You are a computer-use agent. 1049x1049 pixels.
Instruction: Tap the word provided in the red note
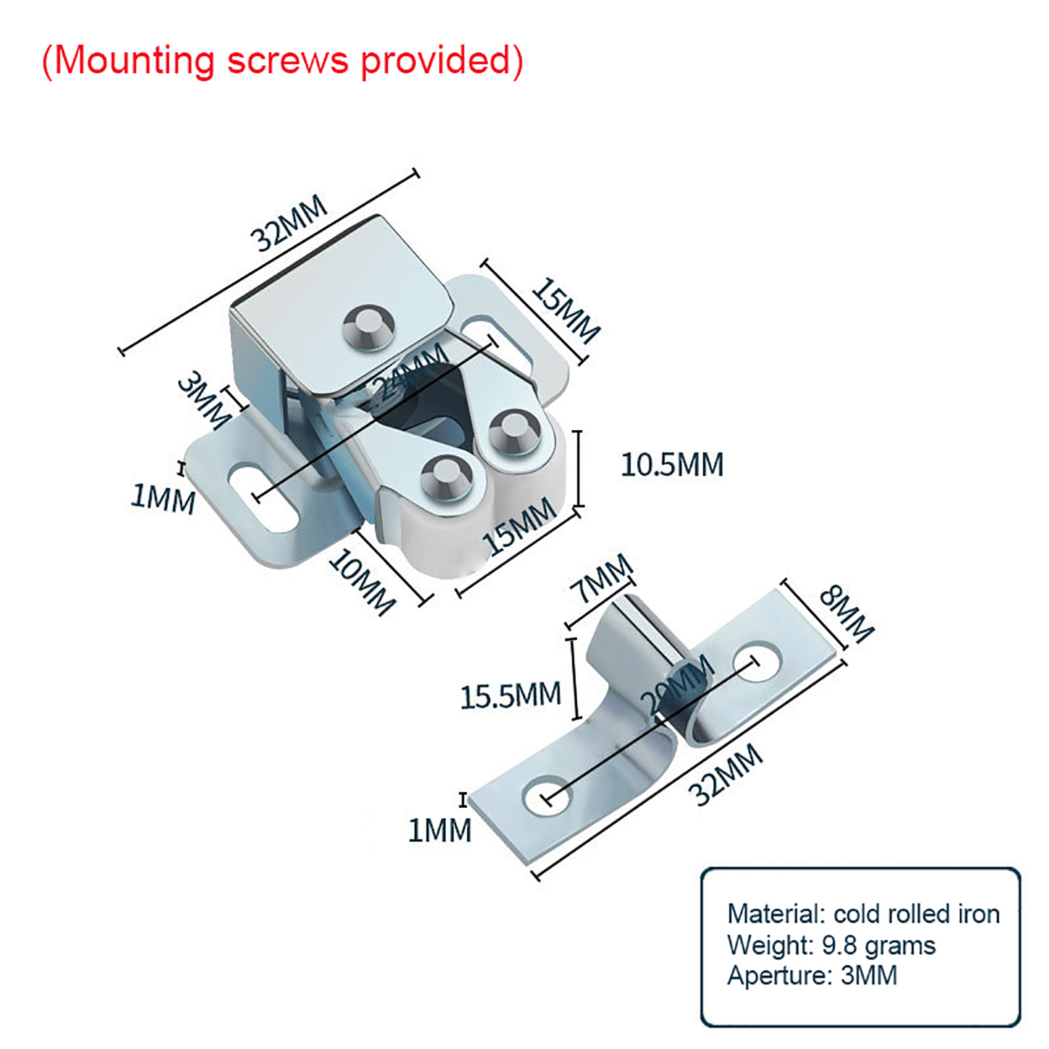tap(435, 60)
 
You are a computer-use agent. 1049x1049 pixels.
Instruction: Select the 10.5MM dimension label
tap(672, 465)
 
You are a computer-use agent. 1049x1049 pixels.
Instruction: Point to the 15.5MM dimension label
tap(511, 696)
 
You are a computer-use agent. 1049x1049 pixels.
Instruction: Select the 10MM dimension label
tap(363, 582)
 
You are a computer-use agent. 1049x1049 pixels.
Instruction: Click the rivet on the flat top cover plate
tap(369, 326)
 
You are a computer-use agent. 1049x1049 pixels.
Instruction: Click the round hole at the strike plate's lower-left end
tap(547, 796)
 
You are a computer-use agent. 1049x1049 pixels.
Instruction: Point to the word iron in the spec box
tap(979, 913)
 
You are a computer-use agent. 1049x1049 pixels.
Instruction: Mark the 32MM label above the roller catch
tap(288, 223)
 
